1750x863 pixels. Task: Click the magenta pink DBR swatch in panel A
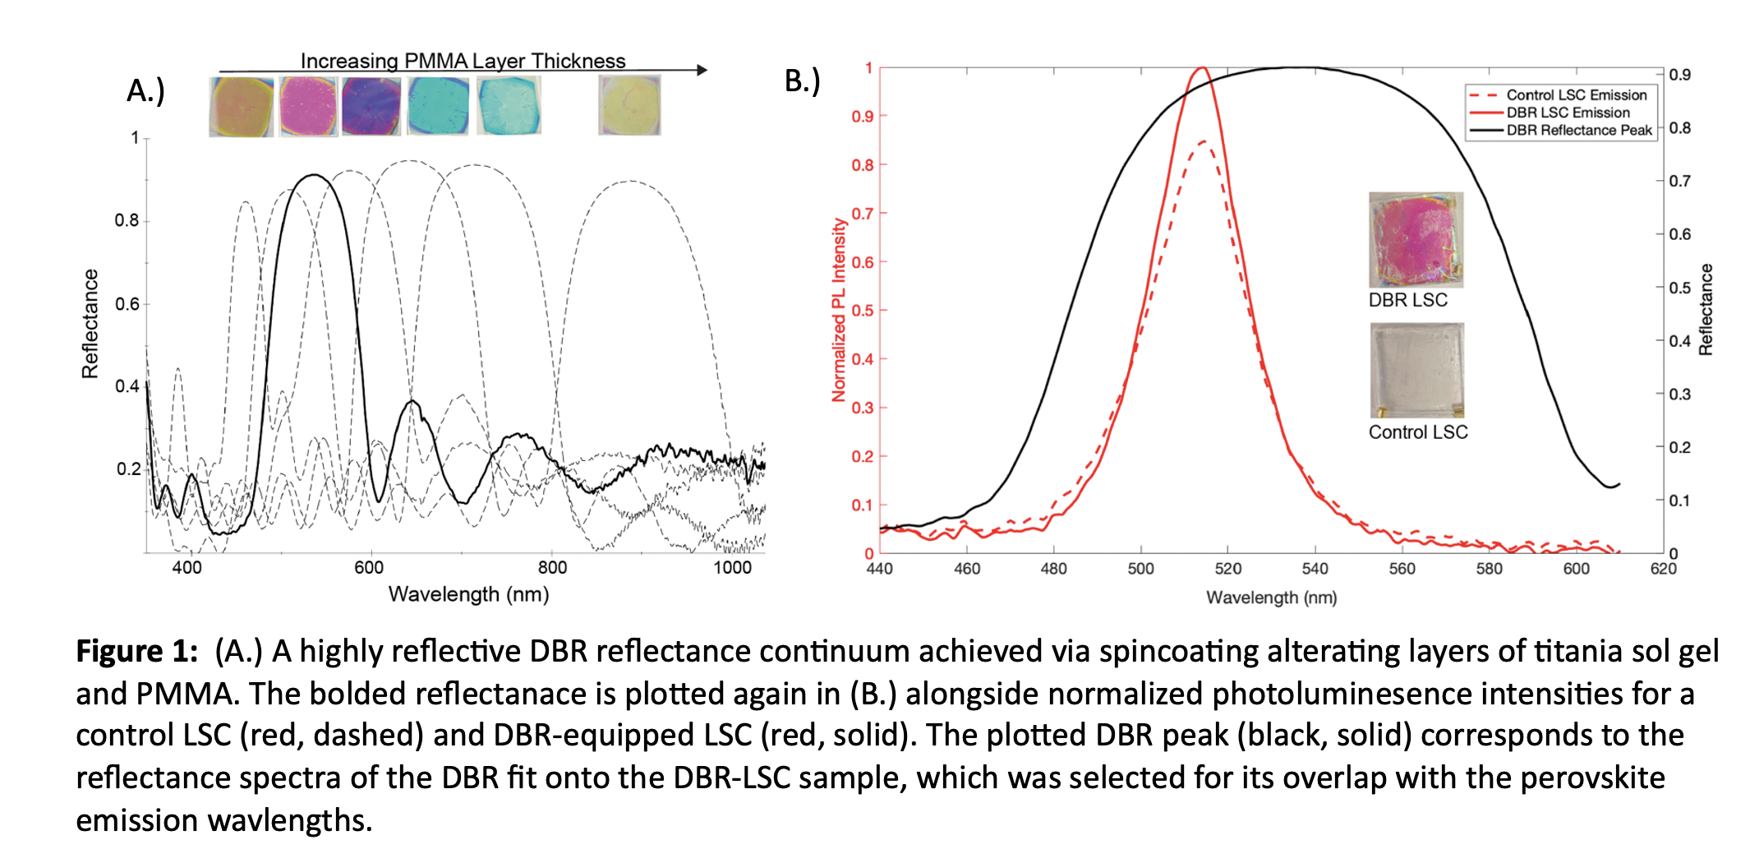308,106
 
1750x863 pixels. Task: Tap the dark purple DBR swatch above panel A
371,106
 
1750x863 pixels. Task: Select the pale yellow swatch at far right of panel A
629,105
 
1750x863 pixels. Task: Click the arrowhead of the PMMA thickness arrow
702,71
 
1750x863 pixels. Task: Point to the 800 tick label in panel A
552,568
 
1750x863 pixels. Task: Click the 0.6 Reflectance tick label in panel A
127,304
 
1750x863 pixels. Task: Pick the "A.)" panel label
145,90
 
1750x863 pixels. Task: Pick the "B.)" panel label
802,81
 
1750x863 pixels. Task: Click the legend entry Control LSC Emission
1576,95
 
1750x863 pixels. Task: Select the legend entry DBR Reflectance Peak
1578,130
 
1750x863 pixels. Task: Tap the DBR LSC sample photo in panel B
1416,240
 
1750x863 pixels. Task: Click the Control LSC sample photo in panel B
1417,370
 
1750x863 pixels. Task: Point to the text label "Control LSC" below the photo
1417,432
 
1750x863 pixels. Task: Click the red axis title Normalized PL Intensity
838,310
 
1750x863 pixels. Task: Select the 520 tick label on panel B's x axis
1227,569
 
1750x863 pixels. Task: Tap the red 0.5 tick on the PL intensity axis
862,311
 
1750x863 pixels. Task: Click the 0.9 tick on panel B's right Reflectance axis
1679,75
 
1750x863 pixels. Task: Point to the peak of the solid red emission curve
1202,68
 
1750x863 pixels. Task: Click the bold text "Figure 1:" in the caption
136,651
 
